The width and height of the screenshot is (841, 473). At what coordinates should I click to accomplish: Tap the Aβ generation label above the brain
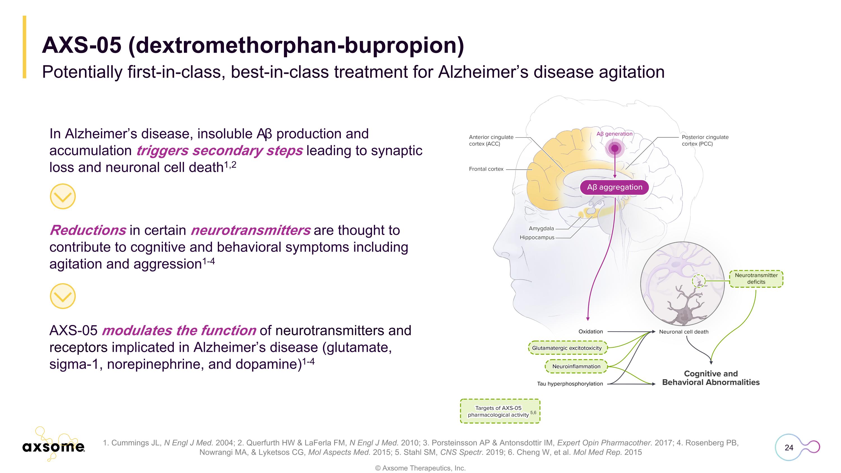[614, 134]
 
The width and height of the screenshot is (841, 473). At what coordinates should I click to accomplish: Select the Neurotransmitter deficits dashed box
[756, 279]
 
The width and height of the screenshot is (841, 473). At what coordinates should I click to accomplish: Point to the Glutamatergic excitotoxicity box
[567, 348]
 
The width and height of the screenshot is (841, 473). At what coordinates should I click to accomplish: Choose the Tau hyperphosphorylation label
[570, 384]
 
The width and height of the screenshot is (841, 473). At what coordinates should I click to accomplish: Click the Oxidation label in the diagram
[590, 332]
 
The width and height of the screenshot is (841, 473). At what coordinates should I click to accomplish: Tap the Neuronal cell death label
[684, 332]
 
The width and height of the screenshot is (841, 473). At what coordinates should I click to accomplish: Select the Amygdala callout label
[541, 229]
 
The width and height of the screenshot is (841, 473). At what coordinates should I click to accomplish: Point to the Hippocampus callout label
[537, 237]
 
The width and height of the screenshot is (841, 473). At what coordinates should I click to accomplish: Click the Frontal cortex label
[486, 169]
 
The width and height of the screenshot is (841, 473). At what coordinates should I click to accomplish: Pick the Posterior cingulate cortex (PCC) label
[705, 140]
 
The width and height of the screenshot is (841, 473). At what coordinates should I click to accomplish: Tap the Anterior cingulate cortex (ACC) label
[491, 140]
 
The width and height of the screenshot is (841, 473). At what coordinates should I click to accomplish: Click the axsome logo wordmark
[53, 447]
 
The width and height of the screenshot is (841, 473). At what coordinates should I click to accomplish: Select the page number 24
[789, 447]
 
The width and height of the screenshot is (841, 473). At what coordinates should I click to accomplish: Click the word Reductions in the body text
[88, 230]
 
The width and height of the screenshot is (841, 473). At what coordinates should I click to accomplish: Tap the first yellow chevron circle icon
[63, 196]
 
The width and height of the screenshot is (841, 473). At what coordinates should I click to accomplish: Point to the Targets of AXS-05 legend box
[500, 411]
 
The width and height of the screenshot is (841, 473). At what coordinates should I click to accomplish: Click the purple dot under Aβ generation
[615, 149]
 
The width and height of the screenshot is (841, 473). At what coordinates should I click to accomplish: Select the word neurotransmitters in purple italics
[250, 230]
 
